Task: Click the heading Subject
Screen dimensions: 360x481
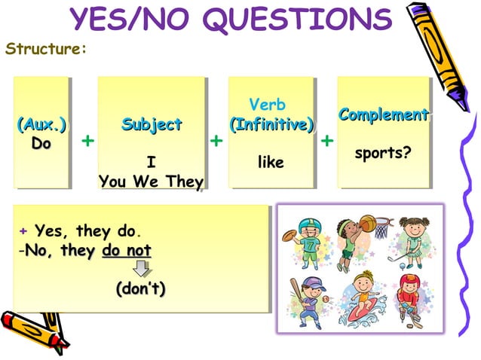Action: tap(152, 124)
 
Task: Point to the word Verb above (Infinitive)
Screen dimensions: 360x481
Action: tap(267, 105)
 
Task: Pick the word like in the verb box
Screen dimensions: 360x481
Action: tap(271, 161)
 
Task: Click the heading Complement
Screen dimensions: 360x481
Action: tap(384, 115)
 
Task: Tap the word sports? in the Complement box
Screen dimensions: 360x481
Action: tap(383, 153)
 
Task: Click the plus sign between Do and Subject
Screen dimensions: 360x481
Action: tap(87, 141)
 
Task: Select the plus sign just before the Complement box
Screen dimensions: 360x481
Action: tap(327, 141)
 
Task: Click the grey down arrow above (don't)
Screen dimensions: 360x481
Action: tap(141, 268)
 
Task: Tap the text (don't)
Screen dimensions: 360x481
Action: tap(141, 288)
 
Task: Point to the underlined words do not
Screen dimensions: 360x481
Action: tap(126, 250)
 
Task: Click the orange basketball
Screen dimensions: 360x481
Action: tap(367, 223)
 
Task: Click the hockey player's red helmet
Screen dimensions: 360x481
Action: tap(409, 282)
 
